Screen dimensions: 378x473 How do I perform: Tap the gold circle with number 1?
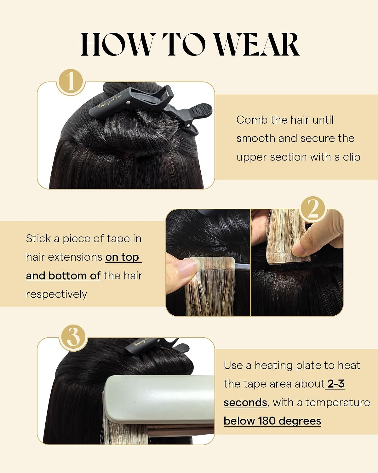pos(71,82)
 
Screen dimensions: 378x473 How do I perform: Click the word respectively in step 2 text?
pos(56,295)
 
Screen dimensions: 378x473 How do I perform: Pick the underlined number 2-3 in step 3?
pos(336,384)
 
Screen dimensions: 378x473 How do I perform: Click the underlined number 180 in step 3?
pos(266,421)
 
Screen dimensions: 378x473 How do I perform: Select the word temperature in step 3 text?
pos(338,403)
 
